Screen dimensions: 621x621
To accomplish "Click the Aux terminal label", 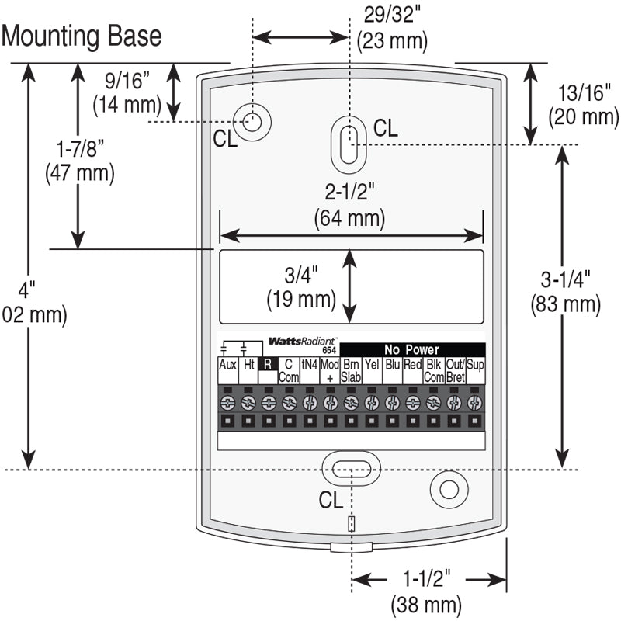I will pos(227,365).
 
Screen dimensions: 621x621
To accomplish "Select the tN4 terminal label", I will pos(309,365).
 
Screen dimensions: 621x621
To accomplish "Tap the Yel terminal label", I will pos(372,365).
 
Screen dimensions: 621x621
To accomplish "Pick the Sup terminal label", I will pos(476,365).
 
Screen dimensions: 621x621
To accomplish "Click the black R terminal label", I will pos(268,365).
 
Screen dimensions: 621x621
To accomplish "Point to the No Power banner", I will pos(411,350).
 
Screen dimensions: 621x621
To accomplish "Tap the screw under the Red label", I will pos(413,402).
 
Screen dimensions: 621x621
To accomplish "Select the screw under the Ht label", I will pos(248,402).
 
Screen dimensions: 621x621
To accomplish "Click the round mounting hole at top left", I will pos(252,121).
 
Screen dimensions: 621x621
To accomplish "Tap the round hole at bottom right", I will pos(448,489).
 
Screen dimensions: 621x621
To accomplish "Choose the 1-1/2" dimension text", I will pos(426,579).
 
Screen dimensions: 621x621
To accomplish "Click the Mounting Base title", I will pos(82,36).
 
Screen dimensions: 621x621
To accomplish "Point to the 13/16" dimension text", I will pos(583,94).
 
